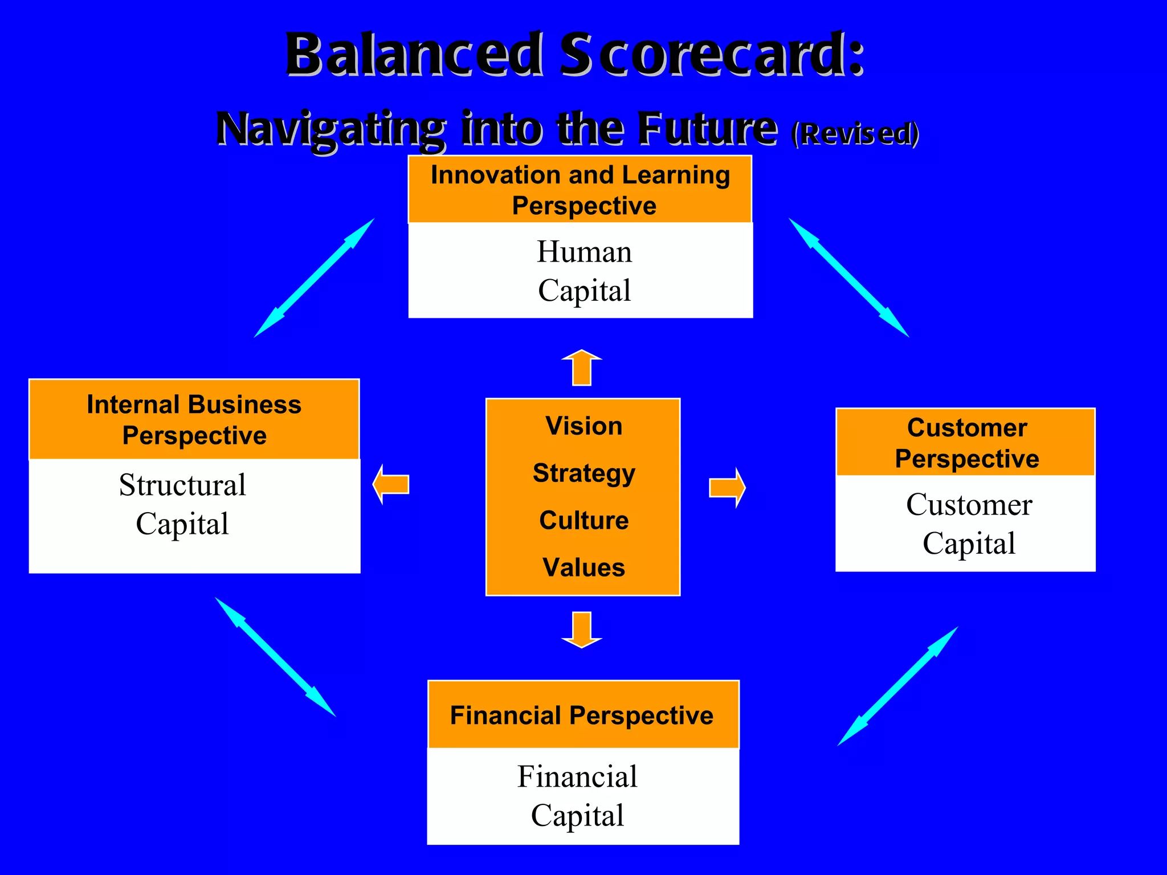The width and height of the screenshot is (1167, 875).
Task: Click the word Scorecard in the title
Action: pos(712,55)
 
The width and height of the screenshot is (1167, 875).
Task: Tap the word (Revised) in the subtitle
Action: pos(855,133)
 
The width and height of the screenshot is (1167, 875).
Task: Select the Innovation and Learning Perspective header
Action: pos(580,190)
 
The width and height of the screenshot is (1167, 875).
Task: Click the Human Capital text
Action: pos(584,271)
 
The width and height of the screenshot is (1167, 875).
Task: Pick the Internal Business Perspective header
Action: pos(194,420)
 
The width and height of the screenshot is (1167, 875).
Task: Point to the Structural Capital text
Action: pos(182,504)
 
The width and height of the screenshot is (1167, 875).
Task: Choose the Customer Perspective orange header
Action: pos(966,443)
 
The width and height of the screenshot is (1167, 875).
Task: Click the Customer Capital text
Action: pos(969,524)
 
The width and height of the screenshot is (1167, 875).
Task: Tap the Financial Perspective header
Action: pos(582,715)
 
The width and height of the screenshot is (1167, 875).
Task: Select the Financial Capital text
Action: pos(577,796)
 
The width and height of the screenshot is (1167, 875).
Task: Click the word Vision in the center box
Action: pos(583,426)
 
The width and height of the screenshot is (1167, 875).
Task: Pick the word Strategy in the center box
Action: pos(583,473)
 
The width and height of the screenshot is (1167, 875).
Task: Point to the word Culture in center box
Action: pos(583,520)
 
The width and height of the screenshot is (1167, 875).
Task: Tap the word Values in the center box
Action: pos(583,567)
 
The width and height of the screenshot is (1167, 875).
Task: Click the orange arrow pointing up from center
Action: pos(582,367)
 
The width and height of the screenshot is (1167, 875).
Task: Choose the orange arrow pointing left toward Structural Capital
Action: pos(391,484)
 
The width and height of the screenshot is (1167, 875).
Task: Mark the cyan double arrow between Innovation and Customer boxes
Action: pos(848,277)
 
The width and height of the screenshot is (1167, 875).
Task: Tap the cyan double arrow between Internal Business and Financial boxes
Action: pos(275,656)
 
